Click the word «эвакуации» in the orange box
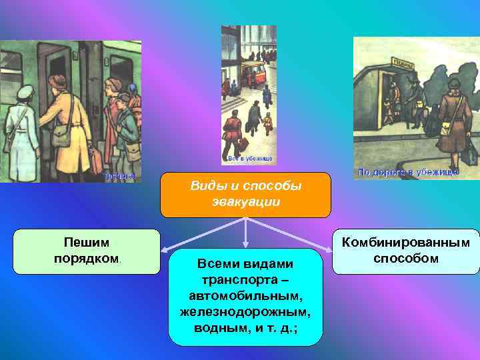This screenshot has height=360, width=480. tap(245, 201)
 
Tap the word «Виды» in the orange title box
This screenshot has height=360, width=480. tap(207, 185)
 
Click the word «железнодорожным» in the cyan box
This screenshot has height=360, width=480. tap(246, 311)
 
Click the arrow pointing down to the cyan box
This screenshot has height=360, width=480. tap(246, 237)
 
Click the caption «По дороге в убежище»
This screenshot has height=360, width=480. tap(407, 173)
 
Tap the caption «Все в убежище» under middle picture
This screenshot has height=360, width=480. tap(249, 159)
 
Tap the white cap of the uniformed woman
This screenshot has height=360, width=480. tap(25, 92)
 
